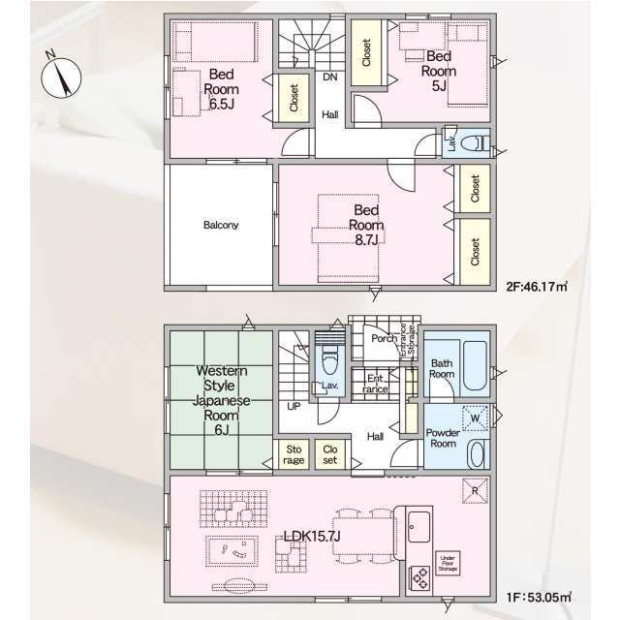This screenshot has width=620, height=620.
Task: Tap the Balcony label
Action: pyautogui.click(x=221, y=225)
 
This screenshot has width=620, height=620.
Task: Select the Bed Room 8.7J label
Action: pyautogui.click(x=365, y=223)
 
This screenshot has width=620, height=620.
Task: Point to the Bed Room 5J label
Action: pyautogui.click(x=437, y=70)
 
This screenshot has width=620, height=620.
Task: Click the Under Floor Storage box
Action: pyautogui.click(x=447, y=563)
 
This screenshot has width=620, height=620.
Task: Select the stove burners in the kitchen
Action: pyautogui.click(x=421, y=577)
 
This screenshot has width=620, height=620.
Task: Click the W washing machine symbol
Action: pyautogui.click(x=474, y=418)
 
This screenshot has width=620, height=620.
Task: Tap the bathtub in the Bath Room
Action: pyautogui.click(x=475, y=363)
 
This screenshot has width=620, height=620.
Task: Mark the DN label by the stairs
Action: pyautogui.click(x=329, y=77)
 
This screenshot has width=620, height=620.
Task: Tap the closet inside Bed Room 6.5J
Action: pyautogui.click(x=293, y=98)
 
